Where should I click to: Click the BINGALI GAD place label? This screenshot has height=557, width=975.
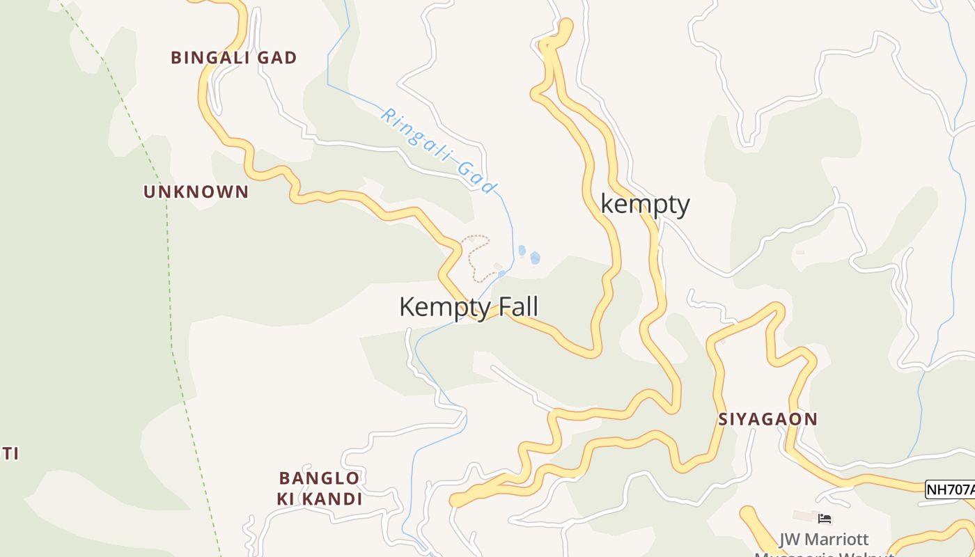point(234,58)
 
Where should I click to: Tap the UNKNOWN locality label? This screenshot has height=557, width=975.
point(196,191)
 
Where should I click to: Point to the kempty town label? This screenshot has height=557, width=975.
point(645,205)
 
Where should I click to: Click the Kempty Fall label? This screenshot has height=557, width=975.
point(469,307)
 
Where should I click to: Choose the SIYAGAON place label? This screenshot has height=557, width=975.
point(767,419)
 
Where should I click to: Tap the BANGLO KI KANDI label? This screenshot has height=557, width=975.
point(320,489)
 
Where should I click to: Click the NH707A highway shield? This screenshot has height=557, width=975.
point(950,489)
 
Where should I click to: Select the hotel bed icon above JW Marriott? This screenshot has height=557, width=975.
point(825,518)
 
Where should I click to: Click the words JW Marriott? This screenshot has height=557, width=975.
point(824,540)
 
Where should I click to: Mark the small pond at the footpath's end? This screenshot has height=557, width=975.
point(501,274)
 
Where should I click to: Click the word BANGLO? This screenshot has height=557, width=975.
point(320,478)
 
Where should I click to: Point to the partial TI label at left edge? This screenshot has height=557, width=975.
point(9,454)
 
